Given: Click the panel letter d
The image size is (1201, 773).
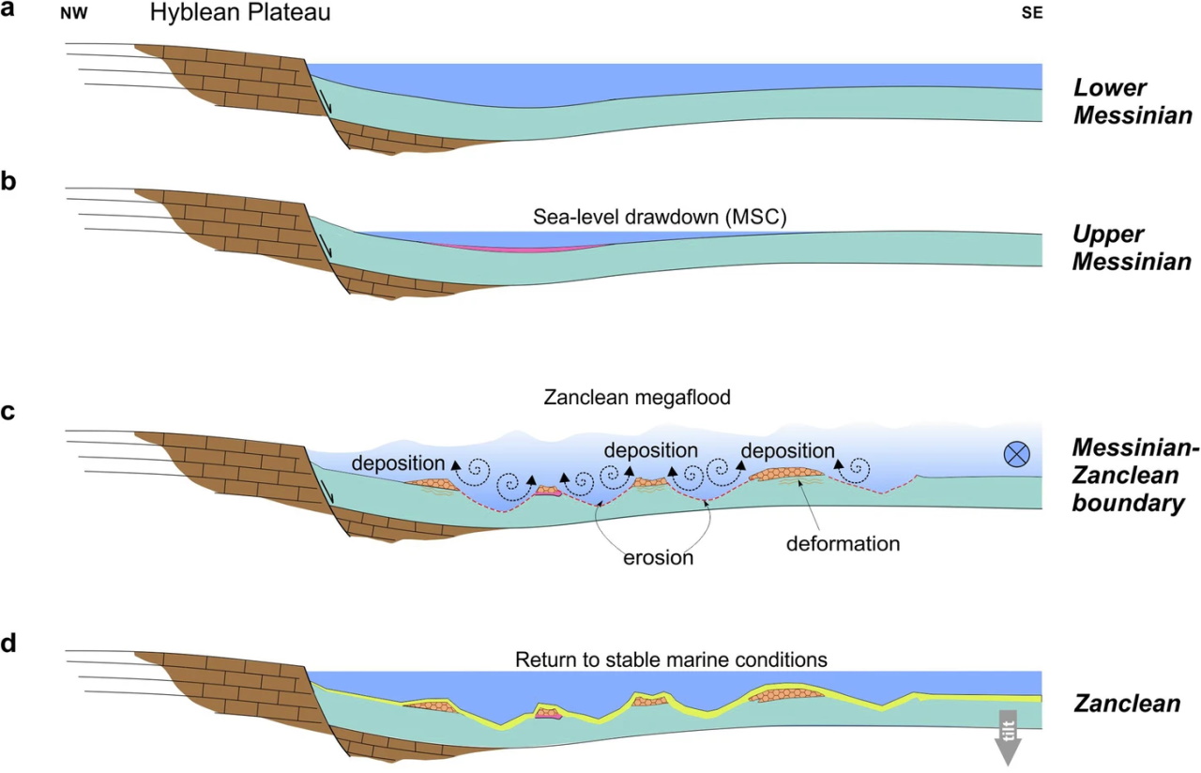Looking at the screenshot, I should pyautogui.click(x=8, y=644).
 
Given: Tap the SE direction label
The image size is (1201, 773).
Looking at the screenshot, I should pyautogui.click(x=1031, y=15).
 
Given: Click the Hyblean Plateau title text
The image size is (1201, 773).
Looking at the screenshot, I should pyautogui.click(x=240, y=14).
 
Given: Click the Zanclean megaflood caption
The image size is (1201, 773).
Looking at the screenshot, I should pyautogui.click(x=637, y=398).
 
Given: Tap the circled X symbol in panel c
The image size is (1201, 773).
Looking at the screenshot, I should pyautogui.click(x=1017, y=454).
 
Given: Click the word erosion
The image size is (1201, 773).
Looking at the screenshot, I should pyautogui.click(x=658, y=557).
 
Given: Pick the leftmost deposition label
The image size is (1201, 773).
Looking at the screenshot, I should pyautogui.click(x=398, y=463).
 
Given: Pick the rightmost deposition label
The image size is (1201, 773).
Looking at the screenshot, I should pyautogui.click(x=787, y=451).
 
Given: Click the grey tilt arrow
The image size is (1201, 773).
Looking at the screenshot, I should pyautogui.click(x=1008, y=737).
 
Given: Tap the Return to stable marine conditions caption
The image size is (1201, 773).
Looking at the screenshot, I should pyautogui.click(x=671, y=659).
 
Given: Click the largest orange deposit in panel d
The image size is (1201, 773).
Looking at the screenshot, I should pyautogui.click(x=787, y=695).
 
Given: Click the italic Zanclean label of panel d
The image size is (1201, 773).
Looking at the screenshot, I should pyautogui.click(x=1126, y=704).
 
